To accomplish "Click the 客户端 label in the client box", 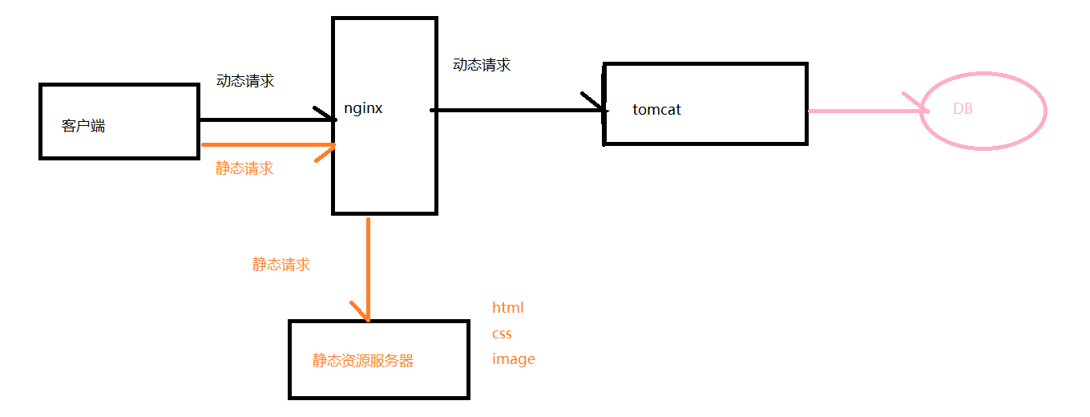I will tap(83, 126).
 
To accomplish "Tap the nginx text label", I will tap(363, 108).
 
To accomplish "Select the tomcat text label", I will tap(656, 109).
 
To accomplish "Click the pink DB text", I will tap(963, 108).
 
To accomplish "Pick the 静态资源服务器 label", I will tap(363, 361).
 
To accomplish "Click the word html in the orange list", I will tap(507, 307).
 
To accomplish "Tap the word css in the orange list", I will tap(502, 333).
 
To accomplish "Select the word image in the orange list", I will tap(513, 359).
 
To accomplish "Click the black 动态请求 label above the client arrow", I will tap(245, 81).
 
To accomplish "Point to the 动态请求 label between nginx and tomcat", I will tap(482, 65).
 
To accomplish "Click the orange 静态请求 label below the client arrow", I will tap(244, 168).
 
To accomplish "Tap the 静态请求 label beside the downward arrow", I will tap(281, 265).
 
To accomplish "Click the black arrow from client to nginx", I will tap(264, 120).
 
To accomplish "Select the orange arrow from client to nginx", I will tap(264, 145).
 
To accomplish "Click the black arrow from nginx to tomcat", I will tap(513, 110).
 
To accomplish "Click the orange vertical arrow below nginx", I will tap(368, 265).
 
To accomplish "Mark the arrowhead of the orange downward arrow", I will tap(365, 314).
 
